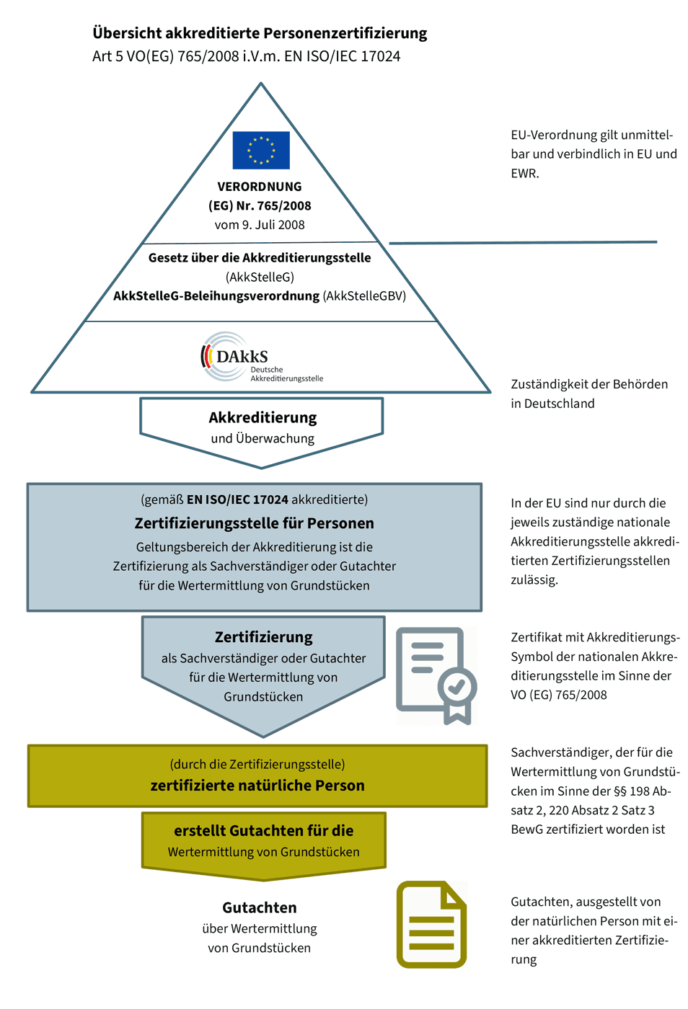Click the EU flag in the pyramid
(x=261, y=150)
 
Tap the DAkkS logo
(x=262, y=357)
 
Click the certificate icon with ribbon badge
(x=436, y=676)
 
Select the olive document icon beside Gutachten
(x=431, y=924)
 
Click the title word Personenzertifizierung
(x=345, y=33)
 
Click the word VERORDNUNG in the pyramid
(x=260, y=187)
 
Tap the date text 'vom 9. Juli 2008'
(x=260, y=225)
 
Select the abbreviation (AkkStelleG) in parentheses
(x=260, y=277)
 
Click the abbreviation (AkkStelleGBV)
(x=364, y=296)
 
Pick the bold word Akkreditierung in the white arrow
(x=263, y=417)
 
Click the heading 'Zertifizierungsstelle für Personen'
(x=255, y=523)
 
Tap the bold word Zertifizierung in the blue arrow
(x=264, y=637)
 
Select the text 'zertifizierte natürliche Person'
(x=257, y=786)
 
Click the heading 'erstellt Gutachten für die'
(x=264, y=830)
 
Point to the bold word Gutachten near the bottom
(x=260, y=907)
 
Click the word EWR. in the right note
(x=525, y=174)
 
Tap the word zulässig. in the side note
(x=534, y=579)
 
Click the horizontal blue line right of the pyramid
(x=523, y=243)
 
